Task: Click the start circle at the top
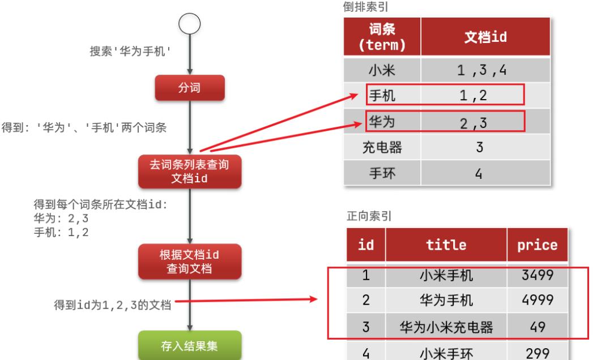tap(189, 24)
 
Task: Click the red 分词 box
tap(190, 88)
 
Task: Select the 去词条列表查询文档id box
tap(190, 171)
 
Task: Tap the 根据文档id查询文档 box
tap(190, 262)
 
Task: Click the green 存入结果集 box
tap(190, 346)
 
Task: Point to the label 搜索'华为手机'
tap(130, 51)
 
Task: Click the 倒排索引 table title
tap(365, 7)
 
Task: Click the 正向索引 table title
tap(369, 216)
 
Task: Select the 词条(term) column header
tap(382, 37)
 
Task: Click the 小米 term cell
tap(382, 70)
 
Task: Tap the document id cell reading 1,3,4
tap(481, 70)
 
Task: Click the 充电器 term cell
tap(382, 148)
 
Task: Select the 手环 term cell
tap(382, 173)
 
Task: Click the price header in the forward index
tap(537, 245)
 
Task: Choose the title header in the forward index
tap(446, 245)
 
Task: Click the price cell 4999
tap(537, 300)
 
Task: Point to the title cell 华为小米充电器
tap(446, 327)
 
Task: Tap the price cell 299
tap(537, 353)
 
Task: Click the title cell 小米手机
tap(446, 275)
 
